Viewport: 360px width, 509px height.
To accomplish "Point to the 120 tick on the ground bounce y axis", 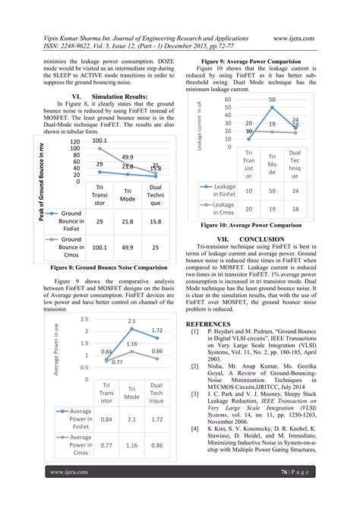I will (x=74, y=142).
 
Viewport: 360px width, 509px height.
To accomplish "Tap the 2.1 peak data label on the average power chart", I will (x=131, y=322).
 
